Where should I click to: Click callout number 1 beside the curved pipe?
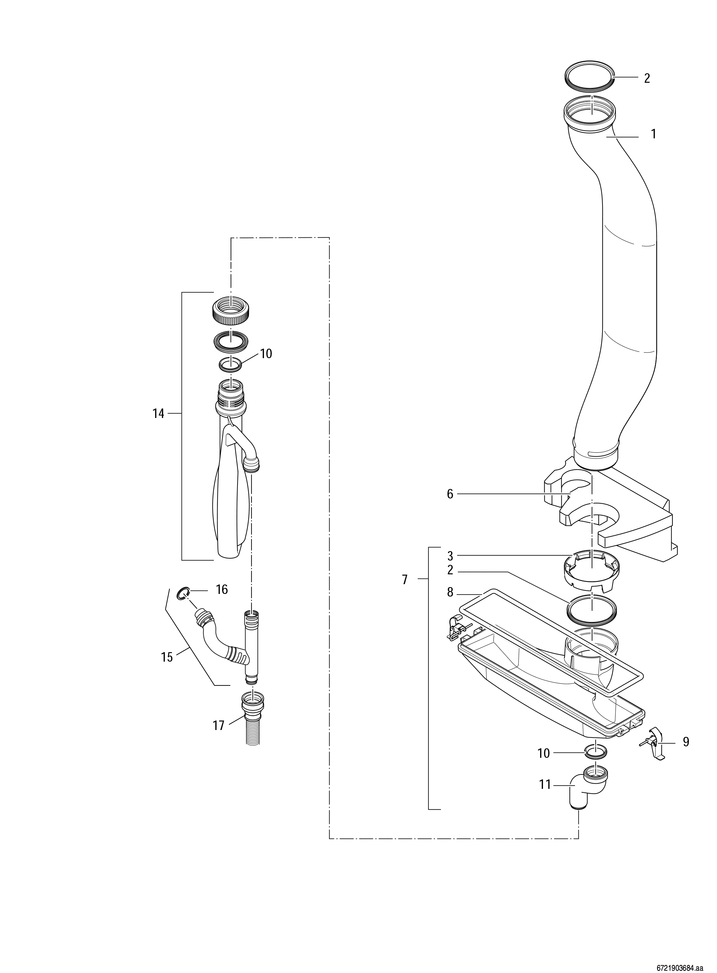[653, 134]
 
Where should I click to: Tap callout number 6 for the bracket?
[450, 494]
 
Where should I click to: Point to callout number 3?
[450, 556]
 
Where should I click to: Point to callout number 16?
[222, 589]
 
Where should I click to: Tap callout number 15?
[167, 657]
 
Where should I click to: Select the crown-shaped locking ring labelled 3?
[591, 572]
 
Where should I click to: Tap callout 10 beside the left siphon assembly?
[266, 354]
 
